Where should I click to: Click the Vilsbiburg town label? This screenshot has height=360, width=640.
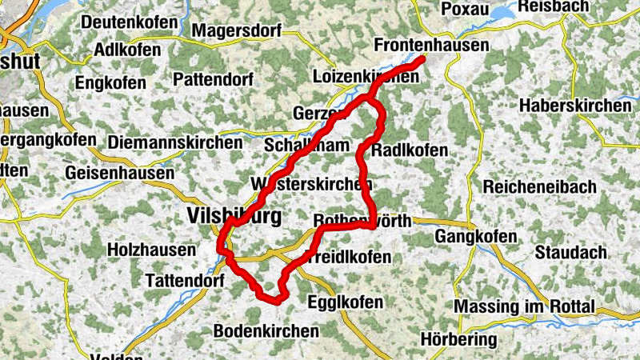point(233,215)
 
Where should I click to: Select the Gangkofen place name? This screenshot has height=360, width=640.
point(477,238)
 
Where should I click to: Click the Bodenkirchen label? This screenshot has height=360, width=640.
point(266,330)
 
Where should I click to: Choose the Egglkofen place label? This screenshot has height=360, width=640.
point(345,302)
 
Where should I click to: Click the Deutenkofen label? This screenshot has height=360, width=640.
point(129,22)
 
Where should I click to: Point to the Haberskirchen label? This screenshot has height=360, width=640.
point(574,106)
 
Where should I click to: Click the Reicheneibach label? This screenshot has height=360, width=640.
point(539,186)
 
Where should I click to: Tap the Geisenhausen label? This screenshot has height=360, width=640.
point(121,172)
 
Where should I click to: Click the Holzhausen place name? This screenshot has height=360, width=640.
point(151,250)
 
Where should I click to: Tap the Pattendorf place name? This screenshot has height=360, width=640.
point(213,80)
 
